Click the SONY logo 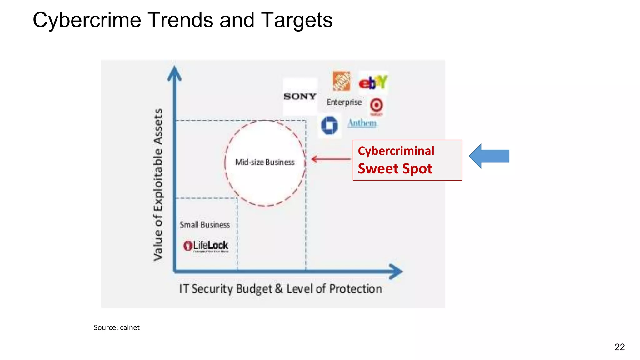[300, 96]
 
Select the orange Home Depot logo [341, 81]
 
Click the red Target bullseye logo [377, 105]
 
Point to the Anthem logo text [362, 123]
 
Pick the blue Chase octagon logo [329, 125]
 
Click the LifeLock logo [206, 246]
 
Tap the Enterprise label [344, 102]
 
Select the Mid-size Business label [265, 162]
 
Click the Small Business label [205, 225]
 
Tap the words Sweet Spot [395, 169]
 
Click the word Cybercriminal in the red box [396, 151]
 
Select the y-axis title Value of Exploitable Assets [158, 185]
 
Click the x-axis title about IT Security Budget [280, 289]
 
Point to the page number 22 [619, 347]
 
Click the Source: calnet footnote [117, 327]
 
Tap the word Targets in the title [297, 20]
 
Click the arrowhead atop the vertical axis [174, 73]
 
